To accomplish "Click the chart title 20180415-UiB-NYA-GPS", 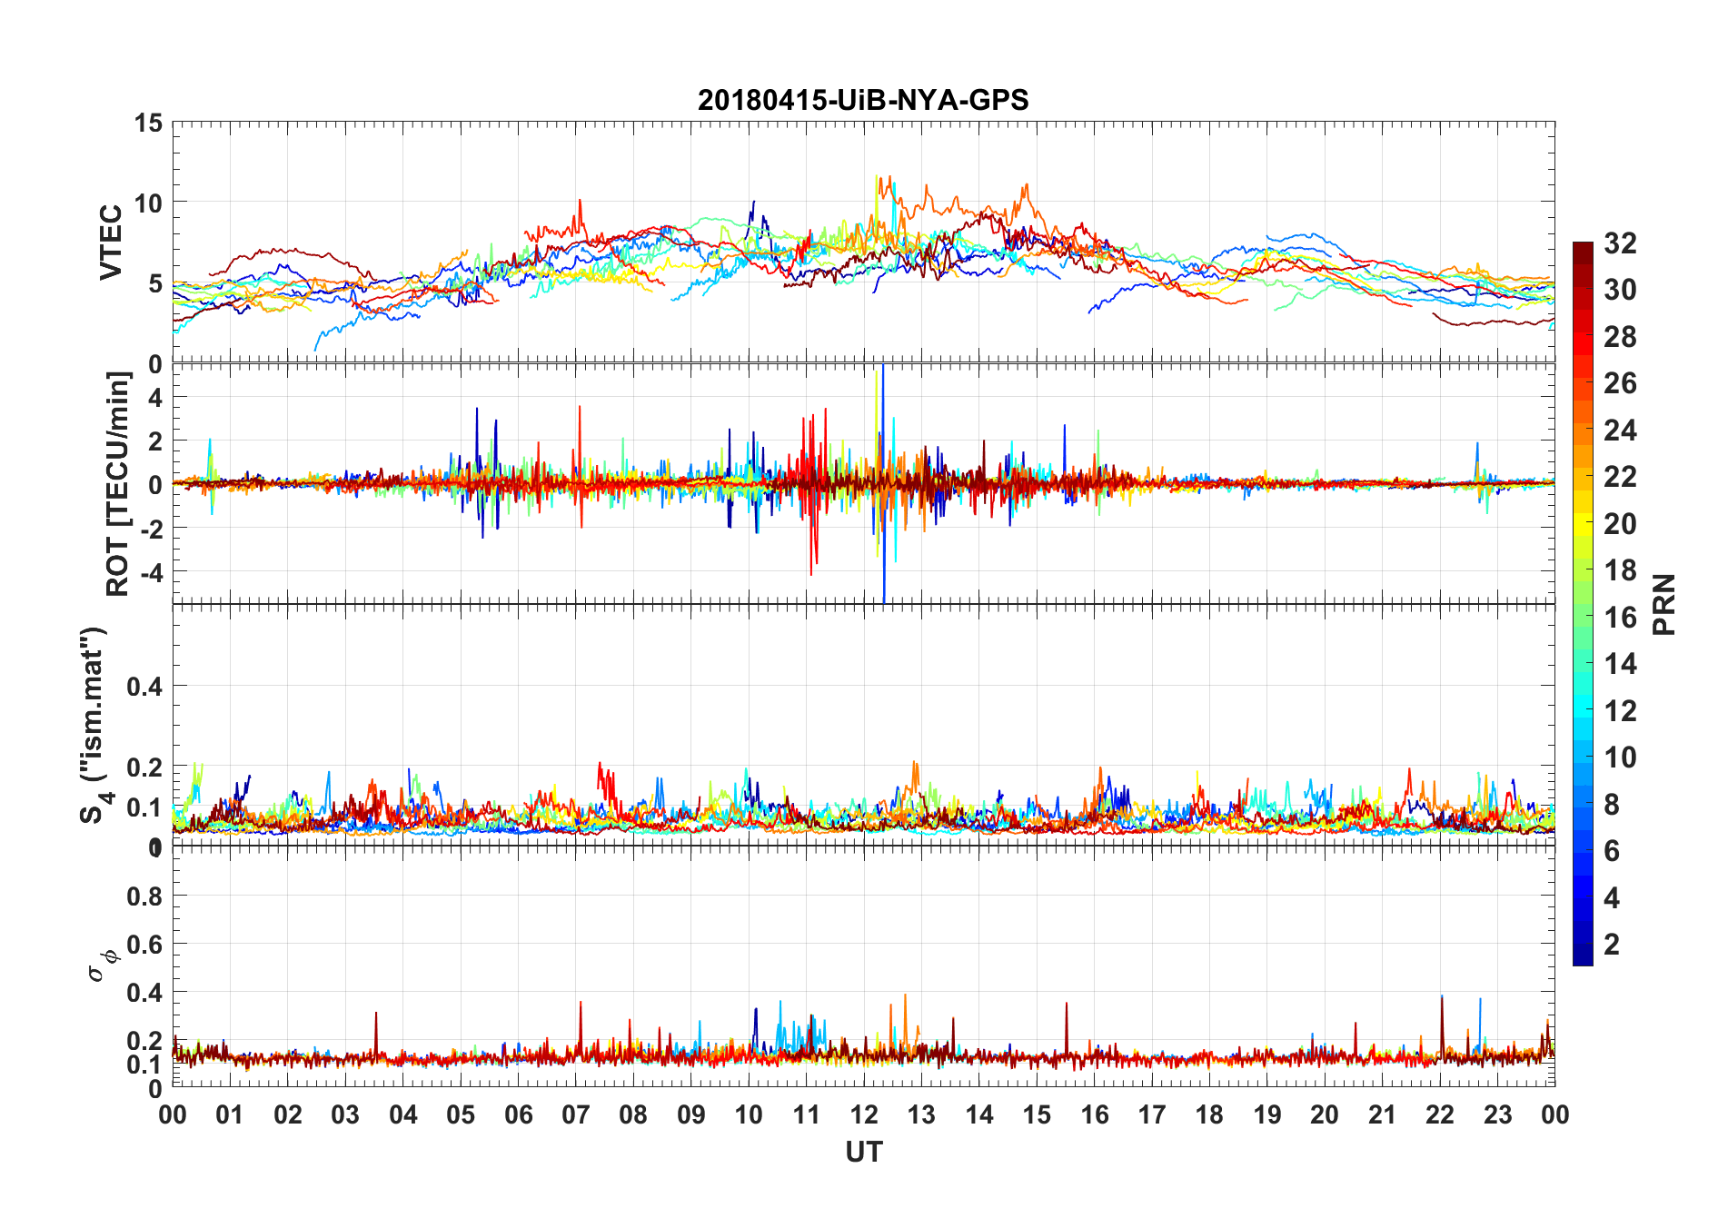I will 863,100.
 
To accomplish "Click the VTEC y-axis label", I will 111,243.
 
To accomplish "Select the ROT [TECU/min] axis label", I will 118,483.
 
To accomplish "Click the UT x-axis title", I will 863,1153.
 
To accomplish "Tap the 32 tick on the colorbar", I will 1620,243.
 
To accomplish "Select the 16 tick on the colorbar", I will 1620,618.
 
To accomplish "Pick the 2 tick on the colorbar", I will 1612,945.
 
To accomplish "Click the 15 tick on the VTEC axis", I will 148,123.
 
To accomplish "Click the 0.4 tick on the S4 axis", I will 144,687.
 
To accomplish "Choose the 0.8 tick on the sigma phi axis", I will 144,896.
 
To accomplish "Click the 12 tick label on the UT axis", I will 864,1115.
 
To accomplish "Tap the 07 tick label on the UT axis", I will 576,1115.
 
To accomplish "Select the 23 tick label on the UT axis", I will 1497,1115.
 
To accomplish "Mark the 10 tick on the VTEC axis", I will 148,203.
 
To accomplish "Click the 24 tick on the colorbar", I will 1620,431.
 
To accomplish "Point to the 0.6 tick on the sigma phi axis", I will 144,945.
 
